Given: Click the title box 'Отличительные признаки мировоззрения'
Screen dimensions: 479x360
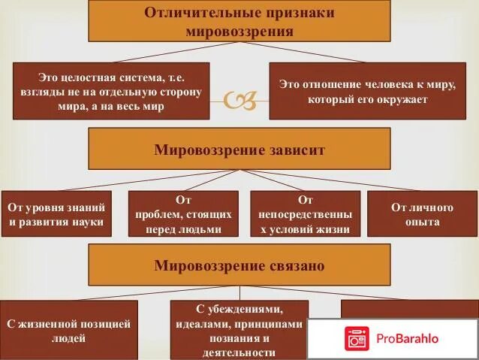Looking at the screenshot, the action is tap(239, 22).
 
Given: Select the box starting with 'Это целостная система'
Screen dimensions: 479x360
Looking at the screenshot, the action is tap(111, 91).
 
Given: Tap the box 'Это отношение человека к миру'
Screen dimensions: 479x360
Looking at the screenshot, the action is tap(363, 91).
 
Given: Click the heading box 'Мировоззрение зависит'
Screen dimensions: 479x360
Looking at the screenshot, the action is tap(239, 149).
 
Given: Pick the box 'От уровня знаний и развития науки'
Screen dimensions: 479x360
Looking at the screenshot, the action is tap(56, 214).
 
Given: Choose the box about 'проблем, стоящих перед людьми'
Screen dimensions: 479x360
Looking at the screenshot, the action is tap(183, 214).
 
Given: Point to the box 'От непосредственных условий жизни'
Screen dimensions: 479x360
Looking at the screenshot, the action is tap(305, 214).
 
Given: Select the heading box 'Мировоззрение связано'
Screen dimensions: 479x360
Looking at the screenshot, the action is tap(239, 265).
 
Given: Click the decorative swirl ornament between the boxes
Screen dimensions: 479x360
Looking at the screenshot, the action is tap(239, 100).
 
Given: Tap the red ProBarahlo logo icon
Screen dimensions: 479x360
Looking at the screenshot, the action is tap(357, 337).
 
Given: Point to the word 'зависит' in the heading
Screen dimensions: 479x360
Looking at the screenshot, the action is tap(295, 150).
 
